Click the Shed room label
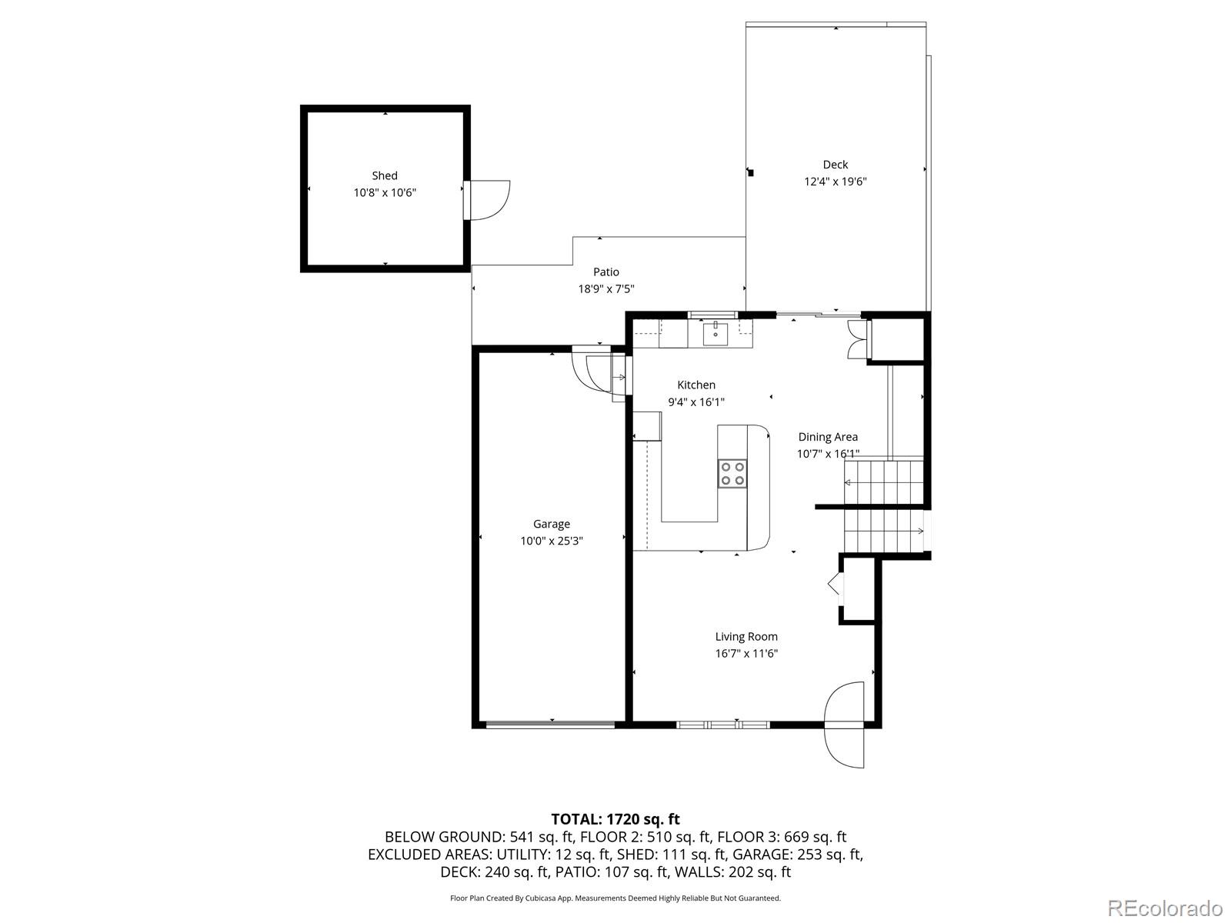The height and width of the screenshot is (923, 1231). pos(385,175)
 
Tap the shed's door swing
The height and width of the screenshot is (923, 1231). pos(488,200)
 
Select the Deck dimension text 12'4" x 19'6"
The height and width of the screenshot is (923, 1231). pos(836,182)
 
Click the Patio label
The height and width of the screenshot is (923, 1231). pos(605,272)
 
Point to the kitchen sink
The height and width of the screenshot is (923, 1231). pos(716,332)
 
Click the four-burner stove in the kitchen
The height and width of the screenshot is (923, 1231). pos(732,473)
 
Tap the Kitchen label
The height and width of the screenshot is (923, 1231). pos(696,385)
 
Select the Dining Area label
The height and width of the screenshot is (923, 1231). pos(828,437)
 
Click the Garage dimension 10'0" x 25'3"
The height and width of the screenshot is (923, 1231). pos(552,541)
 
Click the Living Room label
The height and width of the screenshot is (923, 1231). pos(746,636)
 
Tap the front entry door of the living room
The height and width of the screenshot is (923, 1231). pos(845,723)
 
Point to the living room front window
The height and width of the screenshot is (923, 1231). pos(723,724)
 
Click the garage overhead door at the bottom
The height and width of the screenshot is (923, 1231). pos(551,724)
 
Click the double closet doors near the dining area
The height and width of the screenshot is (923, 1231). pos(856,339)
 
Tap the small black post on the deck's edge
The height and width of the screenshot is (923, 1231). pos(751,173)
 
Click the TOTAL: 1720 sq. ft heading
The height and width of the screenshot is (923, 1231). pos(615,819)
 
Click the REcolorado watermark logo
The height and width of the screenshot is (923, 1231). pos(1165,908)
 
